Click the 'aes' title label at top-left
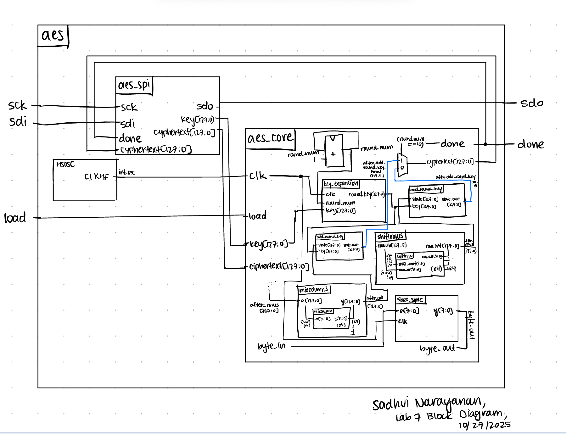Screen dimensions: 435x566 (53, 35)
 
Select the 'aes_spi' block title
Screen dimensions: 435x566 (134, 85)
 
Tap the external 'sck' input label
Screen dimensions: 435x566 (18, 105)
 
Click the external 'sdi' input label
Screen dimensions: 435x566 (18, 121)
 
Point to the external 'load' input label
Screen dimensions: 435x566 (15, 218)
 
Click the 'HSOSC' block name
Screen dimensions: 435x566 (65, 164)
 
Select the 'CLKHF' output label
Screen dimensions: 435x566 (96, 177)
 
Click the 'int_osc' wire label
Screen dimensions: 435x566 (126, 172)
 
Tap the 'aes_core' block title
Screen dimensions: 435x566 (270, 138)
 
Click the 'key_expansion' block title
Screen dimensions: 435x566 (341, 183)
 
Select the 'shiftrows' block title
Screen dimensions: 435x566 (390, 236)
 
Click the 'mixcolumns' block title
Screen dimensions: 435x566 (314, 289)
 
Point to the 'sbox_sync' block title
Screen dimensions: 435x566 (410, 299)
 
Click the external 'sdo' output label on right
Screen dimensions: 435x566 (532, 103)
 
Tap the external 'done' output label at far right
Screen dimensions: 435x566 (530, 144)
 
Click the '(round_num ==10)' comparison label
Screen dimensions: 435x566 (411, 142)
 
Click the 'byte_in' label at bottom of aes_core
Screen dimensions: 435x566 (271, 346)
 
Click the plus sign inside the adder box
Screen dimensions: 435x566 (333, 154)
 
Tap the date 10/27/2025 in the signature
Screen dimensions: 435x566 (485, 425)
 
